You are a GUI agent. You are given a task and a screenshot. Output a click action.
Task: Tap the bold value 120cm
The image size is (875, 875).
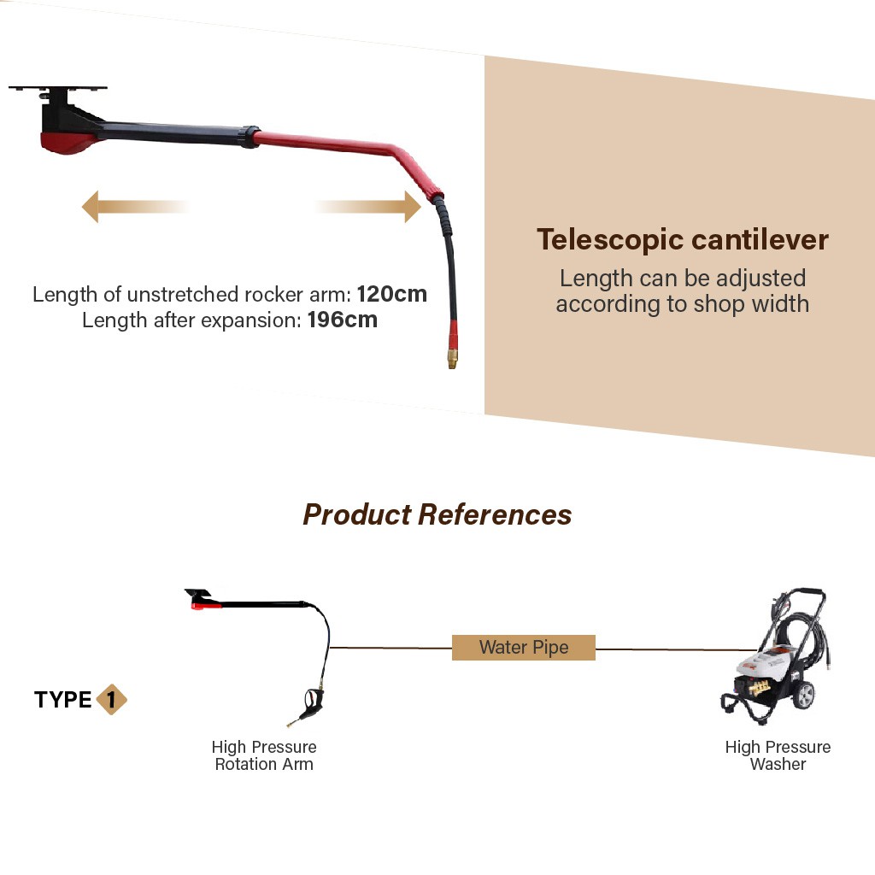click(x=392, y=295)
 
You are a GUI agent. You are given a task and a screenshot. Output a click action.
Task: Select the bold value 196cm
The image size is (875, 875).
click(x=342, y=320)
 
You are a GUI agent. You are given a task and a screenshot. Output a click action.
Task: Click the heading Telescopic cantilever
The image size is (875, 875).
click(x=683, y=240)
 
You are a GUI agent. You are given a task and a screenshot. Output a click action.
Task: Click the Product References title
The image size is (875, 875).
click(x=437, y=514)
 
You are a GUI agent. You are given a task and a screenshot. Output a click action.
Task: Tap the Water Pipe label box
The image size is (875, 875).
click(x=523, y=648)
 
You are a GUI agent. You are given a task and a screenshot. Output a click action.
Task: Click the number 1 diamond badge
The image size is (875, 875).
click(x=111, y=700)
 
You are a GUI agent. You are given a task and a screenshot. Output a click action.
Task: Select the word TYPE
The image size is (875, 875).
click(x=63, y=700)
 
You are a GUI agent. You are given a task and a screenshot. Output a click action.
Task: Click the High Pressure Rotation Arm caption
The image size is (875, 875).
click(x=264, y=755)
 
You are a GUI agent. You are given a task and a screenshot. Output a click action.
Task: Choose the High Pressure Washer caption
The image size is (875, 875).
click(x=778, y=755)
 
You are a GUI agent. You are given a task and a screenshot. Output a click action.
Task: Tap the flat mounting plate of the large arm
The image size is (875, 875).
click(x=58, y=89)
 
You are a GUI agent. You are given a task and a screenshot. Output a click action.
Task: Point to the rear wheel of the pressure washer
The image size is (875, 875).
click(x=803, y=695)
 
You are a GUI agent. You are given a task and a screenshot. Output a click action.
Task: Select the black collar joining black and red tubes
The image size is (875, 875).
click(x=250, y=137)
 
